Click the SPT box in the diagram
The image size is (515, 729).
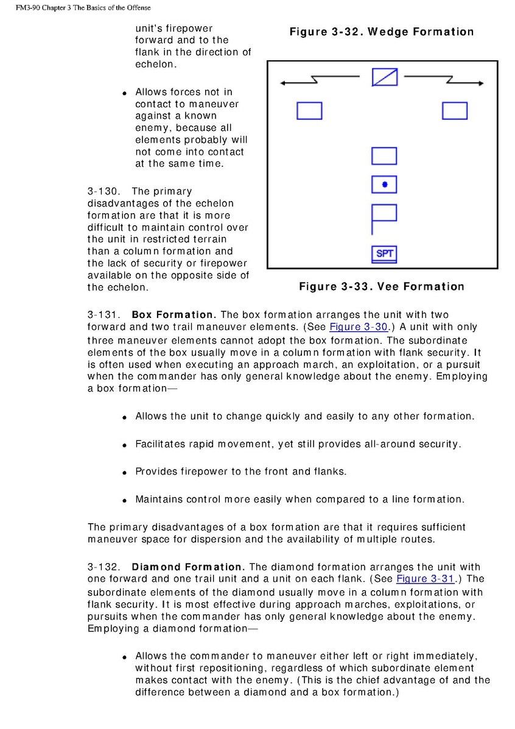tap(384, 253)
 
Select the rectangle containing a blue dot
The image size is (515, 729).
tap(384, 184)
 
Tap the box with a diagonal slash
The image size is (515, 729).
tap(384, 77)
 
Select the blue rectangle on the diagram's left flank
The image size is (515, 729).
tap(309, 111)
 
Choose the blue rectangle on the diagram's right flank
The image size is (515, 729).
tap(454, 111)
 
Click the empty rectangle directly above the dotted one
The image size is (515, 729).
tap(384, 156)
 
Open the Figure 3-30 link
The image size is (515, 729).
tap(359, 327)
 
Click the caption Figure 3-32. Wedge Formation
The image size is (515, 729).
tap(381, 32)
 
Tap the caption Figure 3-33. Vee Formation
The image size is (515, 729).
tap(381, 286)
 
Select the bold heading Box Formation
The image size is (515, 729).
tap(174, 315)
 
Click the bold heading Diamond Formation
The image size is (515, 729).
tap(187, 566)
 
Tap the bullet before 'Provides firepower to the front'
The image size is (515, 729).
tap(124, 473)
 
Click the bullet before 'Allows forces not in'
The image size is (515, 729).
tap(124, 93)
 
